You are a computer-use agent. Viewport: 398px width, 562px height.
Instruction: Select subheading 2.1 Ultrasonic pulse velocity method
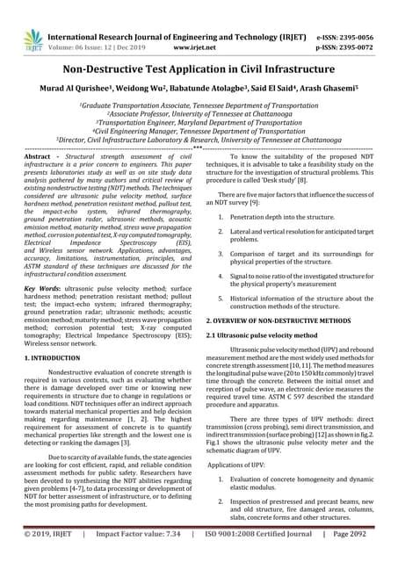pyautogui.click(x=261, y=335)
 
